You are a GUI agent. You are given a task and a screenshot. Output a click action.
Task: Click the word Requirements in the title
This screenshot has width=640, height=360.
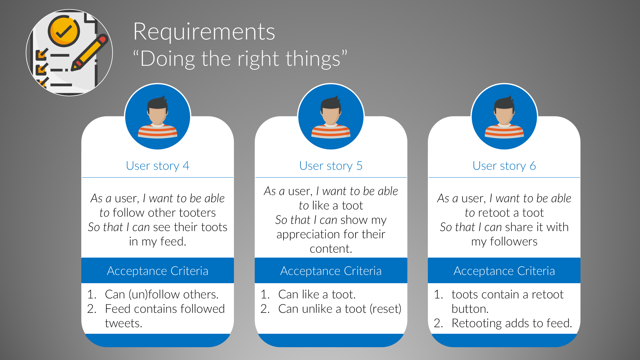(204, 32)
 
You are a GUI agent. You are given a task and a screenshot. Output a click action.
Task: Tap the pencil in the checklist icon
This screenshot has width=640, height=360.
(90, 52)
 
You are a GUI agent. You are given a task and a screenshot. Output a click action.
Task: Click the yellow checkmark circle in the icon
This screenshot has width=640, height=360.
(64, 31)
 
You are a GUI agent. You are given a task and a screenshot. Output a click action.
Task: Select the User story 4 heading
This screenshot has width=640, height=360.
(157, 166)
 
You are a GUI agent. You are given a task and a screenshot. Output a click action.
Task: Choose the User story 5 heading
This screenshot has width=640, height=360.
(331, 166)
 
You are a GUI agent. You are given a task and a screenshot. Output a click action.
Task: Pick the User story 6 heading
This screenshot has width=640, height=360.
(504, 166)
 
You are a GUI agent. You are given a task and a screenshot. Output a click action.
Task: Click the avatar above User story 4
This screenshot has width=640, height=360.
(157, 117)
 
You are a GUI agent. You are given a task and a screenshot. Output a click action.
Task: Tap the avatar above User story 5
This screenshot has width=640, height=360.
(331, 117)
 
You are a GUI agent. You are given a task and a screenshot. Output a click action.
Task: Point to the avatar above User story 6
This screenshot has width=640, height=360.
(504, 117)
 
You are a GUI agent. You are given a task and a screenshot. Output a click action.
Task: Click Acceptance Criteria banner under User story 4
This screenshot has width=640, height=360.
(157, 271)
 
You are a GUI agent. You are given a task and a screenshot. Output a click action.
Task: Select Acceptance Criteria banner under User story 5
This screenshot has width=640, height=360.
(331, 271)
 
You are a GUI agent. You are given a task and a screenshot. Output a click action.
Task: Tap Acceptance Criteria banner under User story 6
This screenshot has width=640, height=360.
(504, 271)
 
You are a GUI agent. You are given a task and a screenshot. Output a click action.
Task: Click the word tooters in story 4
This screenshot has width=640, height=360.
(197, 213)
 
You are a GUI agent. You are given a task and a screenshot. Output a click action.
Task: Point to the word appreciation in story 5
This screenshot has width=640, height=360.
(304, 235)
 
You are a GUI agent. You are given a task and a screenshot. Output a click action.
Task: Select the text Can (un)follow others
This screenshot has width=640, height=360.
(162, 294)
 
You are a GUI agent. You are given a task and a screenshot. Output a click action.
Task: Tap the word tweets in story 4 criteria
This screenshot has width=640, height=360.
(123, 323)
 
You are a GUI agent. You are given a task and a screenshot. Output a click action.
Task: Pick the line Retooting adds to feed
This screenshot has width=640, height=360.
(511, 323)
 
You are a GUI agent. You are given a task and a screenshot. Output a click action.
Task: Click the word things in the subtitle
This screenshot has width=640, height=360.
(313, 59)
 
